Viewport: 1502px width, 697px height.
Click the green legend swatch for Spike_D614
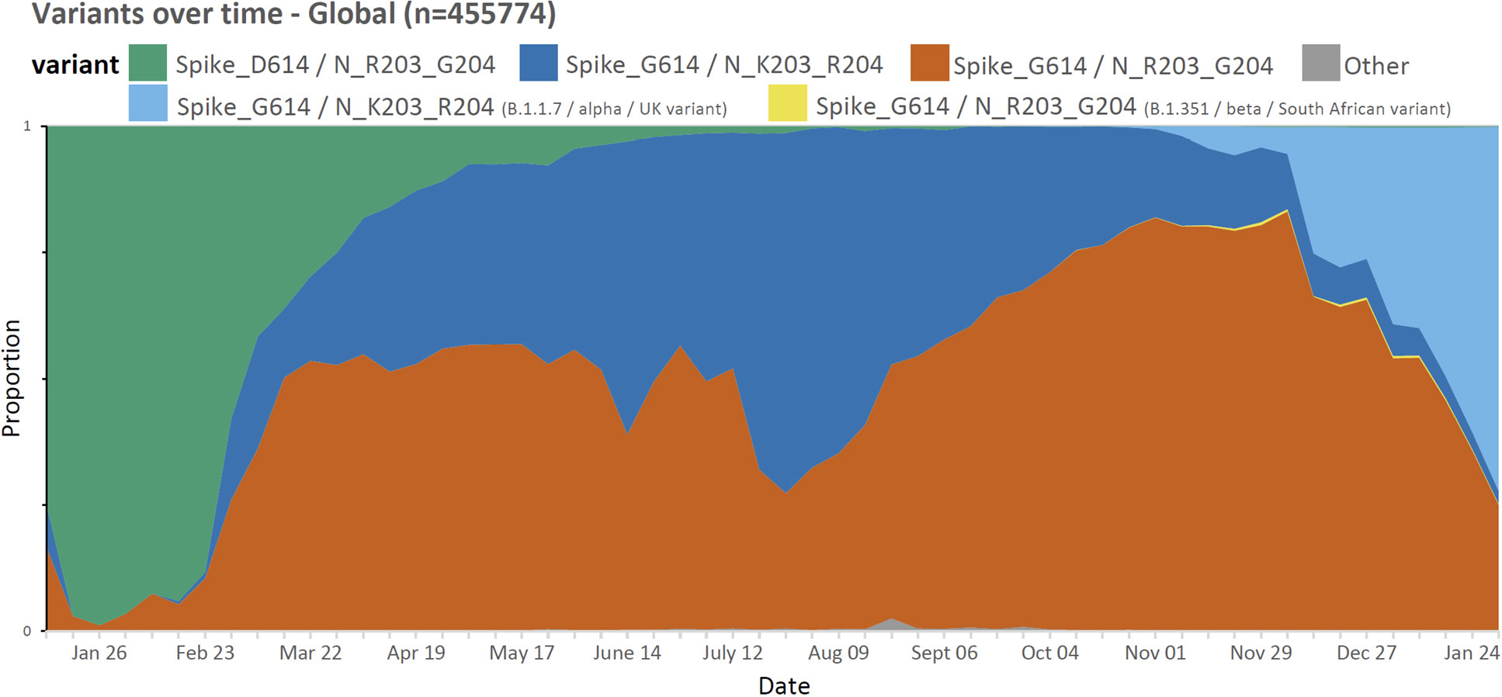click(x=147, y=63)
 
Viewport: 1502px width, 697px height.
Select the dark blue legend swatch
click(x=538, y=63)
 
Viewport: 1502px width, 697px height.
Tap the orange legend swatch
click(x=929, y=63)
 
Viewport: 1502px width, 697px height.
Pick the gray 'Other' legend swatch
click(x=1320, y=63)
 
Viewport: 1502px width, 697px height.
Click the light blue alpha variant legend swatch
click(x=147, y=103)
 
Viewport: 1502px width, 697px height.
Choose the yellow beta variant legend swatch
click(x=787, y=103)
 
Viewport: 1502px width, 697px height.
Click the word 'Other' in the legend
click(x=1376, y=66)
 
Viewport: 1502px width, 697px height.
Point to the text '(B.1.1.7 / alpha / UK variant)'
click(x=614, y=109)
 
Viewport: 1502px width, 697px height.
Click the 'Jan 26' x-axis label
click(x=99, y=653)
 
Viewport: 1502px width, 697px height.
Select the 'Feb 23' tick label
click(x=205, y=653)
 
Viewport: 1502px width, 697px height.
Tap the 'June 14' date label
click(x=627, y=653)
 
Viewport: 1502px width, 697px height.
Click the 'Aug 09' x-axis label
click(x=838, y=653)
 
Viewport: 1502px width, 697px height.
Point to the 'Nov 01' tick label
click(x=1155, y=653)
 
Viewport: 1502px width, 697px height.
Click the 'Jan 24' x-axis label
click(x=1471, y=653)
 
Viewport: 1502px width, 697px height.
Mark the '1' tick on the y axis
click(x=27, y=126)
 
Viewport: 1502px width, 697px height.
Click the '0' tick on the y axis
click(x=27, y=631)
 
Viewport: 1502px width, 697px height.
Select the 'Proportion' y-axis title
click(x=12, y=378)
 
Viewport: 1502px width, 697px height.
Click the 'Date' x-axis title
click(x=784, y=686)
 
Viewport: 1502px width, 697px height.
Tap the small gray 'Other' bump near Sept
click(x=892, y=624)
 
